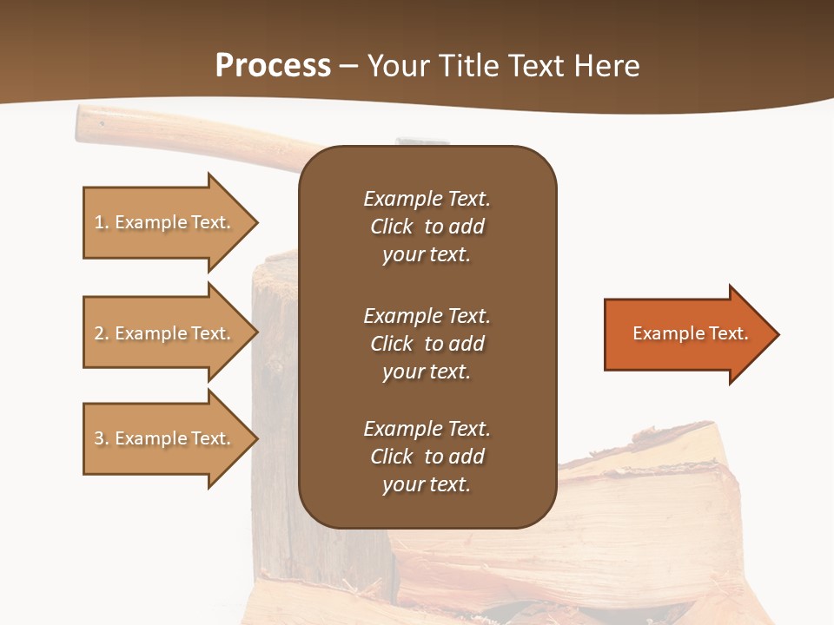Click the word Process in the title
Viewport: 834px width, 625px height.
[x=273, y=66]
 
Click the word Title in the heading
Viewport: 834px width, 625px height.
[x=470, y=66]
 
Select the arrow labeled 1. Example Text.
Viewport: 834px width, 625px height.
[x=165, y=222]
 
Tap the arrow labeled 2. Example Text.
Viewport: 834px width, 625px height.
[x=165, y=333]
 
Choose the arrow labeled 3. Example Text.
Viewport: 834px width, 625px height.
[x=165, y=438]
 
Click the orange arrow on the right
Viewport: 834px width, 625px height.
[x=686, y=334]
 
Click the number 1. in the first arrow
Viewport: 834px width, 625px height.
[x=102, y=223]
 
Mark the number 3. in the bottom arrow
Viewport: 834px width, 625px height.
[x=102, y=439]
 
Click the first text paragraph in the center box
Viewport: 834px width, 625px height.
[x=427, y=227]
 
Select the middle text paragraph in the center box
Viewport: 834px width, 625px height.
[x=427, y=344]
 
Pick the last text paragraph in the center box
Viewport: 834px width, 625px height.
[x=427, y=457]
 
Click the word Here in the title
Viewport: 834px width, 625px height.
[x=607, y=66]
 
